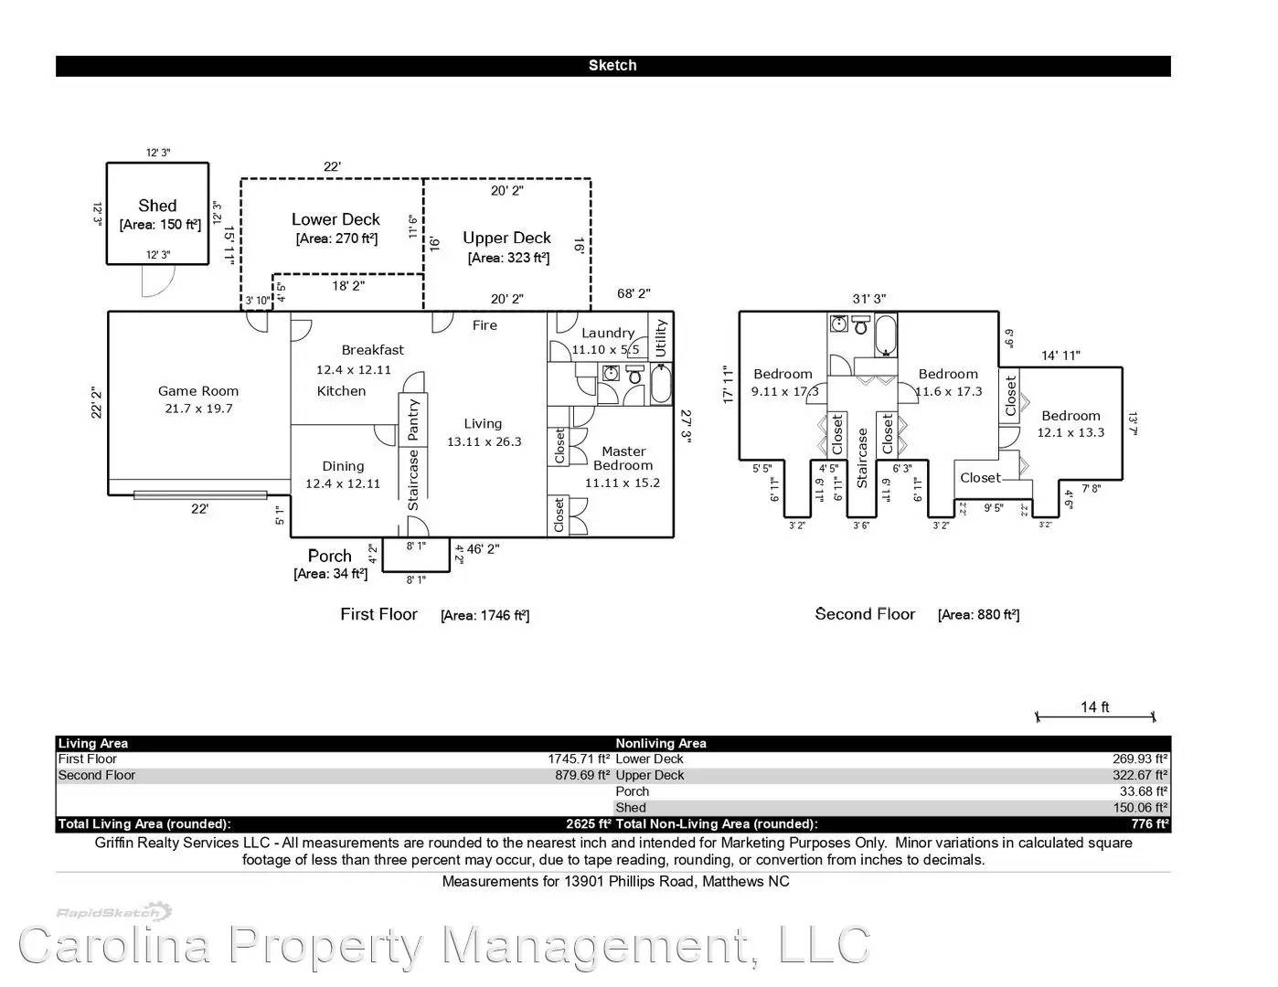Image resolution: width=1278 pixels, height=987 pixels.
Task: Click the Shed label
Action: [x=157, y=207]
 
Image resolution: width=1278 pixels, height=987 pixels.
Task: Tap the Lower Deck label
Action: [x=335, y=219]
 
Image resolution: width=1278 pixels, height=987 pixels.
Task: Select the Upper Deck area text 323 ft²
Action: [x=508, y=258]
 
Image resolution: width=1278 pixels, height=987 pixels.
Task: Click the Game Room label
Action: [x=198, y=391]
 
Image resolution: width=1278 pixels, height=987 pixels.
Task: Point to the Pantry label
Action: [x=413, y=419]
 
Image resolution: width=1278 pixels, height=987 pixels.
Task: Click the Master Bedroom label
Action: [x=623, y=458]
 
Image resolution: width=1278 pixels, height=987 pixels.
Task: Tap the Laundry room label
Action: [x=607, y=334]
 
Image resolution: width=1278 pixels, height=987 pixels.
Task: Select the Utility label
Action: [x=661, y=338]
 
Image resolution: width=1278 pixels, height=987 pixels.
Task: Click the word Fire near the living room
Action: [x=485, y=325]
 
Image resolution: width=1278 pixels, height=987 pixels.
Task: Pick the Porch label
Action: [x=329, y=556]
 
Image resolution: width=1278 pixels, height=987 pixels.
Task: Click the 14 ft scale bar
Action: [x=1095, y=716]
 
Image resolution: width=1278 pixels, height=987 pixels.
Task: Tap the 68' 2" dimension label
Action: [x=633, y=294]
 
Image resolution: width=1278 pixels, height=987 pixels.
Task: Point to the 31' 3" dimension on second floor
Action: [x=868, y=299]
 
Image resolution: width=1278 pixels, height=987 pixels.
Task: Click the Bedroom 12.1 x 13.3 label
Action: [x=1070, y=424]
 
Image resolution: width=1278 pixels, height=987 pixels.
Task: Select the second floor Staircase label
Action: [x=861, y=458]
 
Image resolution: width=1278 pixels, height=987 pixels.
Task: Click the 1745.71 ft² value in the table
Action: [x=579, y=759]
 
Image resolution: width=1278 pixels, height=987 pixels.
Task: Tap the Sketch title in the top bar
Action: [x=612, y=66]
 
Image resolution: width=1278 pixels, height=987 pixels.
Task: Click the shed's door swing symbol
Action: [x=153, y=283]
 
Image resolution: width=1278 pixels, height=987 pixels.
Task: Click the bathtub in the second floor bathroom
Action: [x=886, y=335]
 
